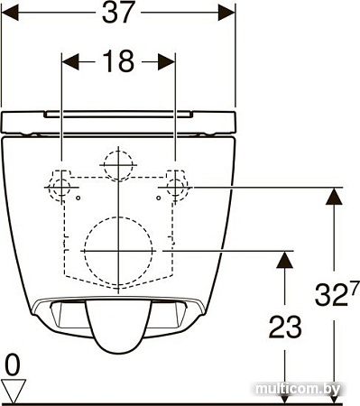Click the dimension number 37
[x=117, y=13]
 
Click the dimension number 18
[x=118, y=61]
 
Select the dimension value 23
[x=285, y=327]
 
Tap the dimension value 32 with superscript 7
[x=337, y=293]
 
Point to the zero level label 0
[x=13, y=364]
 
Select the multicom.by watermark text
[x=298, y=390]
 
